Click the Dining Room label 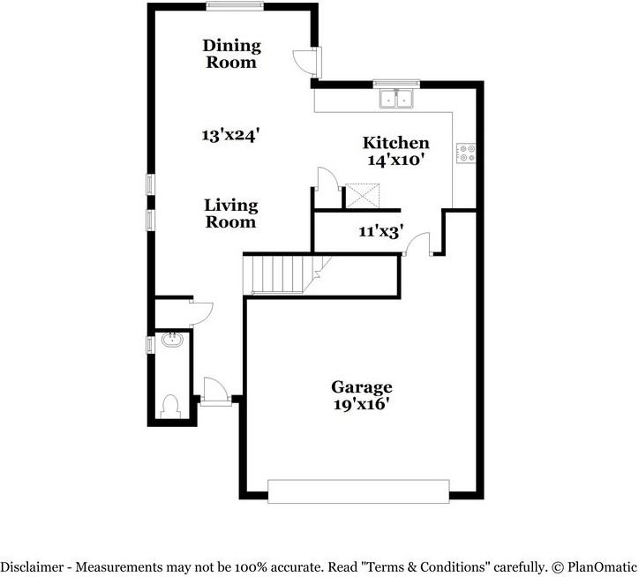[x=231, y=54]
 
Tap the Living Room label [x=231, y=214]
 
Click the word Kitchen [x=396, y=143]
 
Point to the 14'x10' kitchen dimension [x=397, y=161]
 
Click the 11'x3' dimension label [x=381, y=232]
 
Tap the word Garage [x=362, y=386]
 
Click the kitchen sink [x=396, y=98]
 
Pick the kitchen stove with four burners [x=464, y=154]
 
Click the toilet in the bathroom [x=171, y=405]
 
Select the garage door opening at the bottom [x=357, y=491]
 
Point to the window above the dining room [x=235, y=6]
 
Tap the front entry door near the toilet [x=215, y=390]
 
